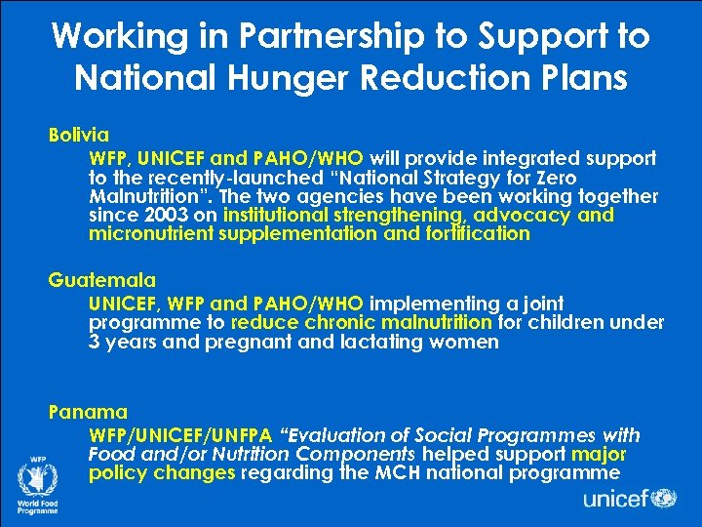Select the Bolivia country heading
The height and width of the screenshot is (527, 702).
point(79,134)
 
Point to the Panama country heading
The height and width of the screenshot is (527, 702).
point(88,413)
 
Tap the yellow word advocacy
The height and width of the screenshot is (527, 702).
point(524,215)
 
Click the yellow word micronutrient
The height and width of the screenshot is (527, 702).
point(147,233)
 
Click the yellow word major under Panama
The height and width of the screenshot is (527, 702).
point(599,455)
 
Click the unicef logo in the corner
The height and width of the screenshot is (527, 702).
point(629,499)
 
